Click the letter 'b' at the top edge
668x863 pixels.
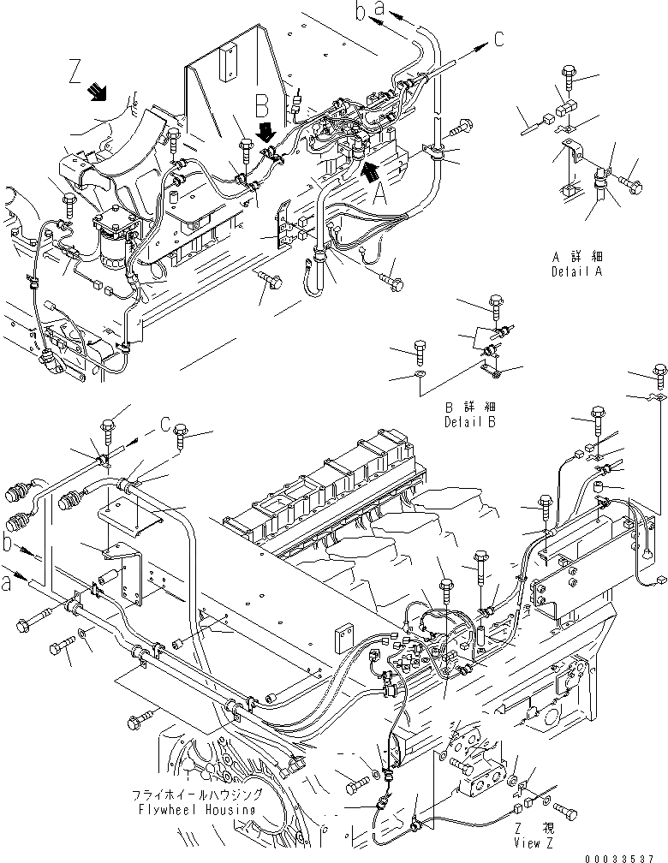[x=360, y=12]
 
